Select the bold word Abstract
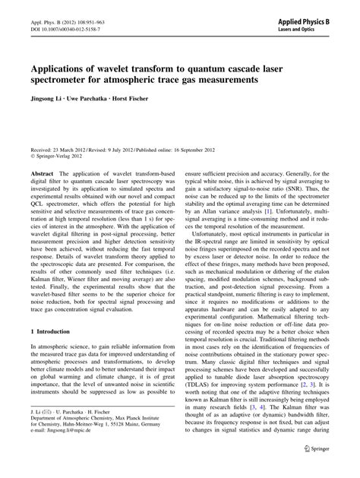tap(42, 174)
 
